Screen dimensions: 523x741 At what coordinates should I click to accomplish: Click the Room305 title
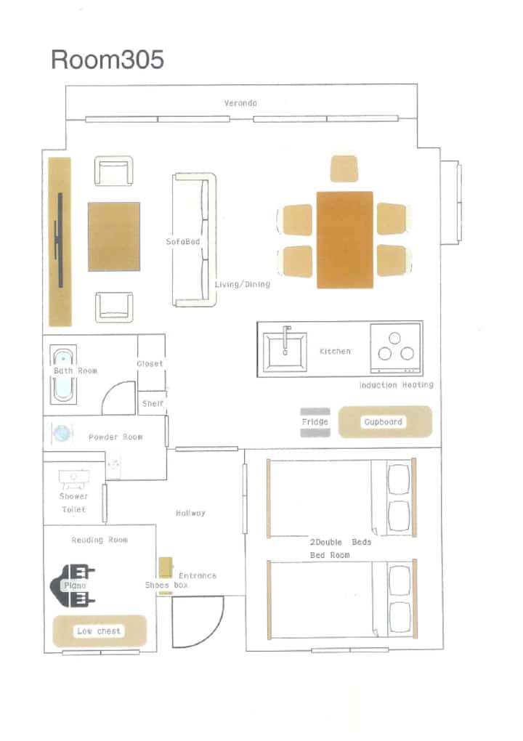coord(108,60)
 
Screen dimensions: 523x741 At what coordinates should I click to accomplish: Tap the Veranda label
coord(240,103)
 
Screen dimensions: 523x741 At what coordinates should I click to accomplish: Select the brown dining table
coord(345,240)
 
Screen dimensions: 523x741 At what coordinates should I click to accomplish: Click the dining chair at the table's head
coord(344,169)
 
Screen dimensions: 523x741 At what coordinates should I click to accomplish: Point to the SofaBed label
coord(183,241)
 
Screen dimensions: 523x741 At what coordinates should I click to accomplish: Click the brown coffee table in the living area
coord(114,236)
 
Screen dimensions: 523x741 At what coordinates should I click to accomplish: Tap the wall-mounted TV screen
coord(60,240)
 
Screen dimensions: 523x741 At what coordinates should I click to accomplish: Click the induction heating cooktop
coord(395,349)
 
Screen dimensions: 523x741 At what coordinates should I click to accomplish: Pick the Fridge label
coord(315,421)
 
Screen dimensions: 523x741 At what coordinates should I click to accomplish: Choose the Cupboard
coord(385,421)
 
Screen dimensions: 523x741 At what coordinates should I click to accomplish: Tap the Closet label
coord(150,364)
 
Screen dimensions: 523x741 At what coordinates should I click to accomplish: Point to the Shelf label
coord(153,404)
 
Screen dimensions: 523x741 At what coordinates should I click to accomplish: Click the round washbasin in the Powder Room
coord(62,434)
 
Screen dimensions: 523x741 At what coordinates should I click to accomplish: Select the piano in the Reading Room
coord(73,586)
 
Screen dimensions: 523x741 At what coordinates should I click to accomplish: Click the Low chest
coord(100,631)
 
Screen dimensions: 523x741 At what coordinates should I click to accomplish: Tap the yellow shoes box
coord(166,568)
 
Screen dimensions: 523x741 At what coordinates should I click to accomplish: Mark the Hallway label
coord(190,513)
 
